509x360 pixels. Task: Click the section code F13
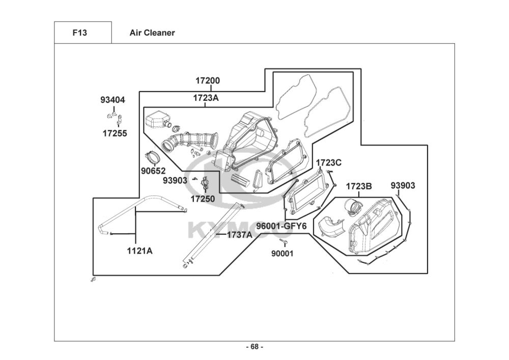pyautogui.click(x=80, y=33)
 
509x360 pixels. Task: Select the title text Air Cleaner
pyautogui.click(x=152, y=33)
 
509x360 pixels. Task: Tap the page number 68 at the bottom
pyautogui.click(x=254, y=347)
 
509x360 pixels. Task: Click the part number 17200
pyautogui.click(x=208, y=80)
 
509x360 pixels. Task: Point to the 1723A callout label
pyautogui.click(x=206, y=98)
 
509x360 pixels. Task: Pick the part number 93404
pyautogui.click(x=112, y=100)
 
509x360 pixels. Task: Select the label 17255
pyautogui.click(x=115, y=133)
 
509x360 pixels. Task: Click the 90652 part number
pyautogui.click(x=153, y=170)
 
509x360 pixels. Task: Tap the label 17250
pyautogui.click(x=203, y=199)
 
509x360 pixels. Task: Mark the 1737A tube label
pyautogui.click(x=239, y=235)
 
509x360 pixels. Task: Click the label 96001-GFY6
pyautogui.click(x=281, y=226)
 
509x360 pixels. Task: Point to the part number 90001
pyautogui.click(x=282, y=253)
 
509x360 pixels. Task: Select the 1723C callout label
pyautogui.click(x=329, y=163)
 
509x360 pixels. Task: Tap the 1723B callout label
pyautogui.click(x=359, y=186)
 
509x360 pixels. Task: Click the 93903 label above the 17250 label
pyautogui.click(x=175, y=180)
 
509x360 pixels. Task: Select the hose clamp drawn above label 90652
pyautogui.click(x=151, y=155)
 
